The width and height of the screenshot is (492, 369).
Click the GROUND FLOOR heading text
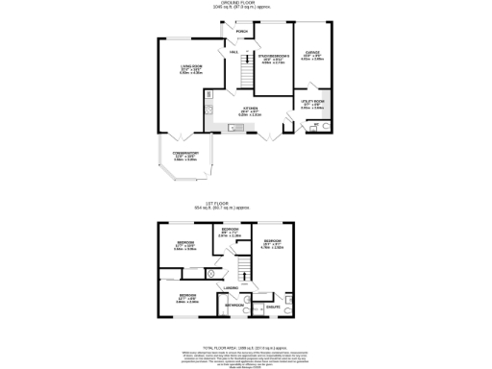coord(246,3)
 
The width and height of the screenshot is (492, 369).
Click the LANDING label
coord(232,287)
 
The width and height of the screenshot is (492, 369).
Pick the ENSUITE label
coord(273,307)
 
